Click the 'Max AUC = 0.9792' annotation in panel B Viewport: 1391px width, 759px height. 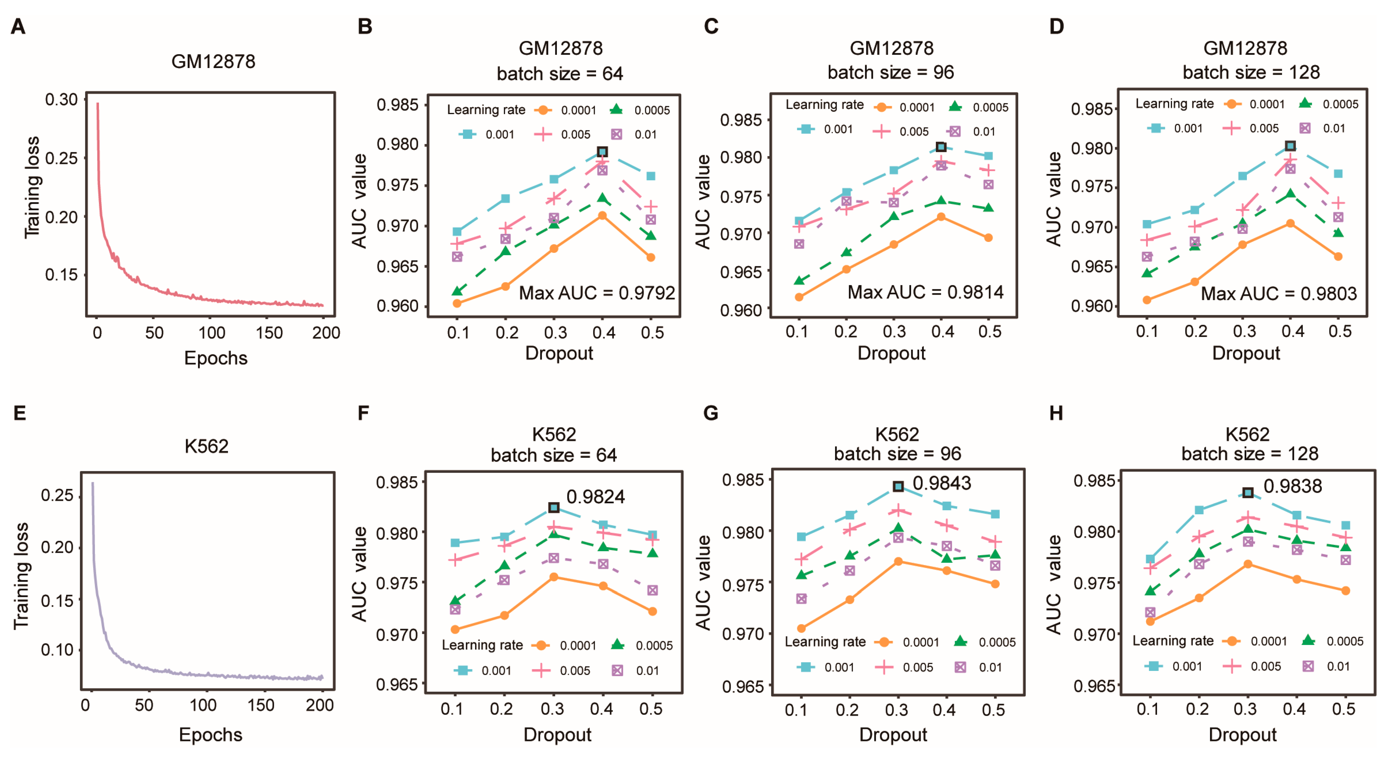click(x=597, y=293)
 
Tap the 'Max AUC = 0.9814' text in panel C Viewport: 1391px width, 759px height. click(x=925, y=292)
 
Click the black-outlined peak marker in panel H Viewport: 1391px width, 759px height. click(x=1248, y=493)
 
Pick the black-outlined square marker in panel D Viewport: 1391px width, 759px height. click(x=1290, y=146)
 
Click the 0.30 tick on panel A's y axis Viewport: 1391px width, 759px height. click(x=61, y=99)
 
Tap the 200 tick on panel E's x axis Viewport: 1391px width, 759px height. click(x=320, y=705)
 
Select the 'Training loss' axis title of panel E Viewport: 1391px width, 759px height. click(x=21, y=576)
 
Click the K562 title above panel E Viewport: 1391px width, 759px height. click(x=206, y=446)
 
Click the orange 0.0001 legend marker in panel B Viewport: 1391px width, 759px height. click(x=543, y=110)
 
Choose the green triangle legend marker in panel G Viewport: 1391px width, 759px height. click(x=960, y=641)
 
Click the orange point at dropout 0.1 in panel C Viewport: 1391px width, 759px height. click(x=799, y=297)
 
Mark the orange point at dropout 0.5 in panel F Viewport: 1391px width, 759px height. click(x=652, y=611)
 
